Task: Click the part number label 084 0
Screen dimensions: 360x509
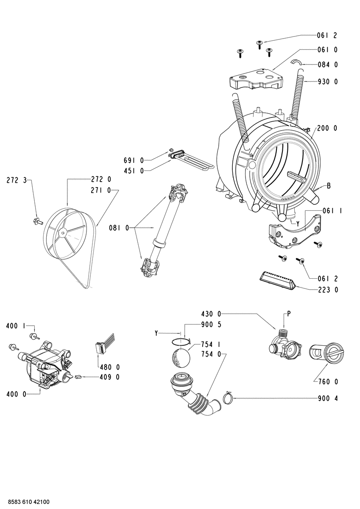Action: [327, 65]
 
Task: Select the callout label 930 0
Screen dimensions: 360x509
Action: [327, 81]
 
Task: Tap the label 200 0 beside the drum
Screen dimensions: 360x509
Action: [327, 129]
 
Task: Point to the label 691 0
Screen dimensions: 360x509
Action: [134, 160]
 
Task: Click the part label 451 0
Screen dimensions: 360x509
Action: [134, 171]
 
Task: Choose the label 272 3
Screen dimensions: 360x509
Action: [17, 181]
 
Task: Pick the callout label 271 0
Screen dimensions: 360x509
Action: [100, 190]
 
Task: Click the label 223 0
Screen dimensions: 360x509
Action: [327, 290]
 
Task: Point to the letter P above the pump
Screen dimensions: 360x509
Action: [289, 314]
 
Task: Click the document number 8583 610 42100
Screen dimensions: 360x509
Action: [28, 502]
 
